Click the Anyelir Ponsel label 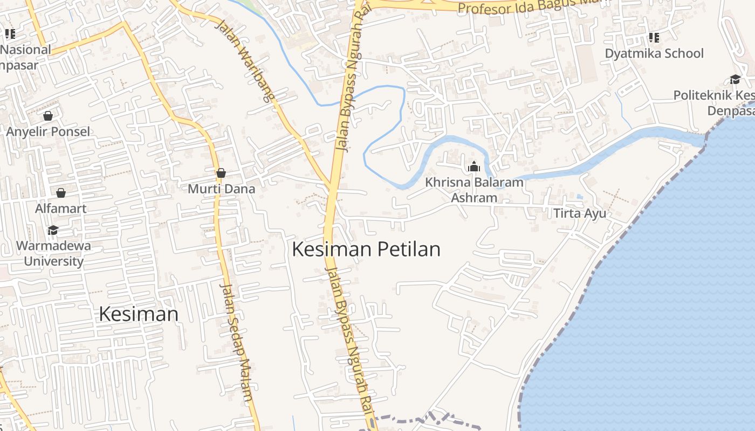48,131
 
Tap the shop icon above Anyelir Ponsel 48,116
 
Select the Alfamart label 60,208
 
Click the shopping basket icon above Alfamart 61,193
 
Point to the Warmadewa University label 53,254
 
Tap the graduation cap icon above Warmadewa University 53,231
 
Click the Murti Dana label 221,189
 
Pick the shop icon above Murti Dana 221,173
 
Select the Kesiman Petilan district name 366,249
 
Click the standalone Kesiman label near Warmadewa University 139,314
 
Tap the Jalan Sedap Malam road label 238,342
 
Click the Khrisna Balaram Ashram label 474,190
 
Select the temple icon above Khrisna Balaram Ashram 474,167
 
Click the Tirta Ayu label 580,213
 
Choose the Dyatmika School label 654,53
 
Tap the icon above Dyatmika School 654,37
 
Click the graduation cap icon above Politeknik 735,80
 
